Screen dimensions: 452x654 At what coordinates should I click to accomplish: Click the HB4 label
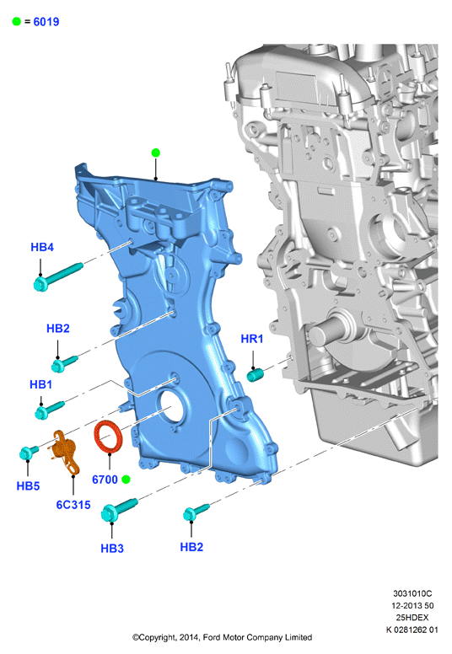pyautogui.click(x=42, y=247)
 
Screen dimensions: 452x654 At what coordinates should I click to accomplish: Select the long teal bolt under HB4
pyautogui.click(x=57, y=276)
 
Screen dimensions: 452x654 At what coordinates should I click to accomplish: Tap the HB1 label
pyautogui.click(x=41, y=384)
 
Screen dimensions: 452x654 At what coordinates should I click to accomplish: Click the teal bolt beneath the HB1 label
pyautogui.click(x=49, y=409)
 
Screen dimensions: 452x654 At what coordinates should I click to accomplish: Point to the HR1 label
pyautogui.click(x=252, y=339)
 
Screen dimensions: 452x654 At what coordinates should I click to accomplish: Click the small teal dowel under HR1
pyautogui.click(x=254, y=374)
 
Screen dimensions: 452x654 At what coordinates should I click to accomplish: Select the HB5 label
pyautogui.click(x=28, y=486)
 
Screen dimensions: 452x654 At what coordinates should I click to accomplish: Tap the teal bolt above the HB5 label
pyautogui.click(x=29, y=453)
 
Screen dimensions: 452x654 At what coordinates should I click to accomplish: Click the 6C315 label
pyautogui.click(x=73, y=505)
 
